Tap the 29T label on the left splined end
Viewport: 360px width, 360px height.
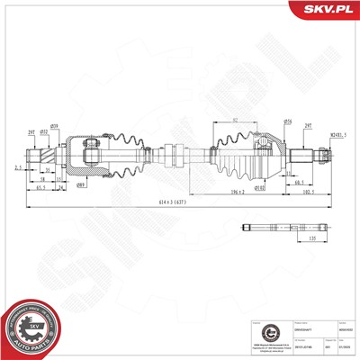click(31, 131)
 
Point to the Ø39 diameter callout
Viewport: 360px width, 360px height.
click(55, 124)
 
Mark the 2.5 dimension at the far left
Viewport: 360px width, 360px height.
click(18, 167)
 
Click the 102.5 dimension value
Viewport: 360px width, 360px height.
click(309, 191)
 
